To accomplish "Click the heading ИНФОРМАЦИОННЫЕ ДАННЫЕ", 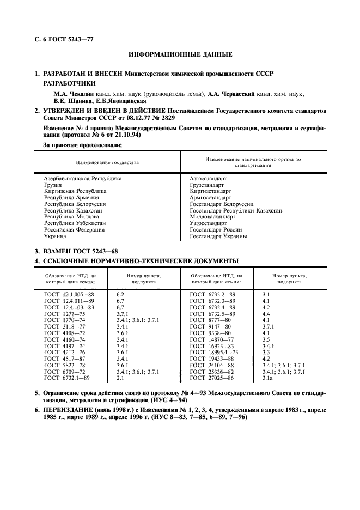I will point(180,55).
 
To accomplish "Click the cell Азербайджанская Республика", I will point(83,179).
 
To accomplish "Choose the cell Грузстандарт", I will point(207,185).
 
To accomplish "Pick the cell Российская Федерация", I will point(75,230).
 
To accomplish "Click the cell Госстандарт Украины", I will point(218,236).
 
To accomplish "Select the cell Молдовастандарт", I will point(212,217).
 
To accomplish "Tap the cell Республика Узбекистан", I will point(75,223).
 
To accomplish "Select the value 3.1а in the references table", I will point(269,393).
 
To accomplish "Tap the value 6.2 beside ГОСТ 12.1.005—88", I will point(121,294).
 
